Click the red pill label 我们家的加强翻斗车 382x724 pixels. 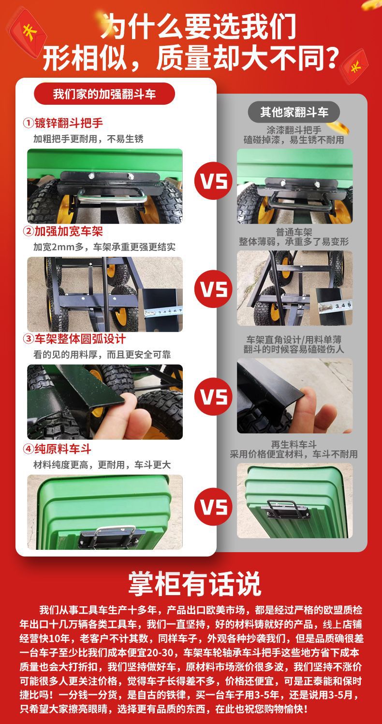[104, 94]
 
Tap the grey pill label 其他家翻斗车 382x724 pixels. [294, 112]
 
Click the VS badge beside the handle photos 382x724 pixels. [213, 181]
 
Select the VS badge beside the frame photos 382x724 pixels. [213, 289]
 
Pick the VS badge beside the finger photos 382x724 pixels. [213, 396]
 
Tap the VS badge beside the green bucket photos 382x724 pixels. [213, 506]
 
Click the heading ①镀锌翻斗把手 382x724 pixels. [63, 123]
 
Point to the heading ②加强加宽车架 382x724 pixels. [63, 231]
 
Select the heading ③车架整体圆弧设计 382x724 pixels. [74, 339]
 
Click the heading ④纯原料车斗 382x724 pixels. [57, 449]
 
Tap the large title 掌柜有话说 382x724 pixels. [194, 584]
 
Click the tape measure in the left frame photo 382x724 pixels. [163, 312]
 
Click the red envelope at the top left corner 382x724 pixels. [29, 32]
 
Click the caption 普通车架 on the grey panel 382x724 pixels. [294, 232]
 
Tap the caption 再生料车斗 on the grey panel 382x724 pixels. [294, 445]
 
